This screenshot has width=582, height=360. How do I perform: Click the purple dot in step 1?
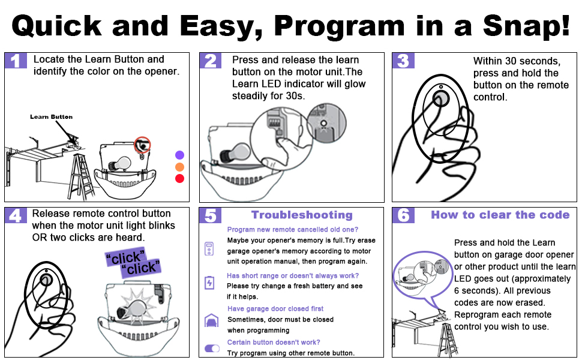point(179,155)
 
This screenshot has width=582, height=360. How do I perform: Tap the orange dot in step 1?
point(179,167)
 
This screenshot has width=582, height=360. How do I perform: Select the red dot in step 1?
point(179,179)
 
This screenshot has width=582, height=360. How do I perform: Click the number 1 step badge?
point(16,61)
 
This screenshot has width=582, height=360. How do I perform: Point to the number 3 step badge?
point(403,61)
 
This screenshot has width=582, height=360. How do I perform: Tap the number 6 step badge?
point(403,215)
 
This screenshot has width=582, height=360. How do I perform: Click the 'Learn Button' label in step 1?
point(51,117)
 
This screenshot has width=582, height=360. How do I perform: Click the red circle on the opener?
point(142,145)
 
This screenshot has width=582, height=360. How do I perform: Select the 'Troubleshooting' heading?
point(302,215)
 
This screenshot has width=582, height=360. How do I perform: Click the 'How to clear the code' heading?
point(500,215)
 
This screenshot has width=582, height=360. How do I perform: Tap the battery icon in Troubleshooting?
point(209,283)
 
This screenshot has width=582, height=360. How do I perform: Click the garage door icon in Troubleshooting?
point(212,320)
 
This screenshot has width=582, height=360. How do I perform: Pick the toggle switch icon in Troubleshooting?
point(212,349)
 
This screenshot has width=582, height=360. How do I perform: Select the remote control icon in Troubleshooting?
point(209,248)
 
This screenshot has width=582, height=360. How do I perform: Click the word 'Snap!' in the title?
point(526,26)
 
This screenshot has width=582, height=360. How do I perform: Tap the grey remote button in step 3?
point(441,99)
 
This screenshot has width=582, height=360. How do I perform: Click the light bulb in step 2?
point(235,152)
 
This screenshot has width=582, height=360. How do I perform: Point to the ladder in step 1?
point(80,176)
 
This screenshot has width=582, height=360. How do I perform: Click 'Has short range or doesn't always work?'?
point(293,276)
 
